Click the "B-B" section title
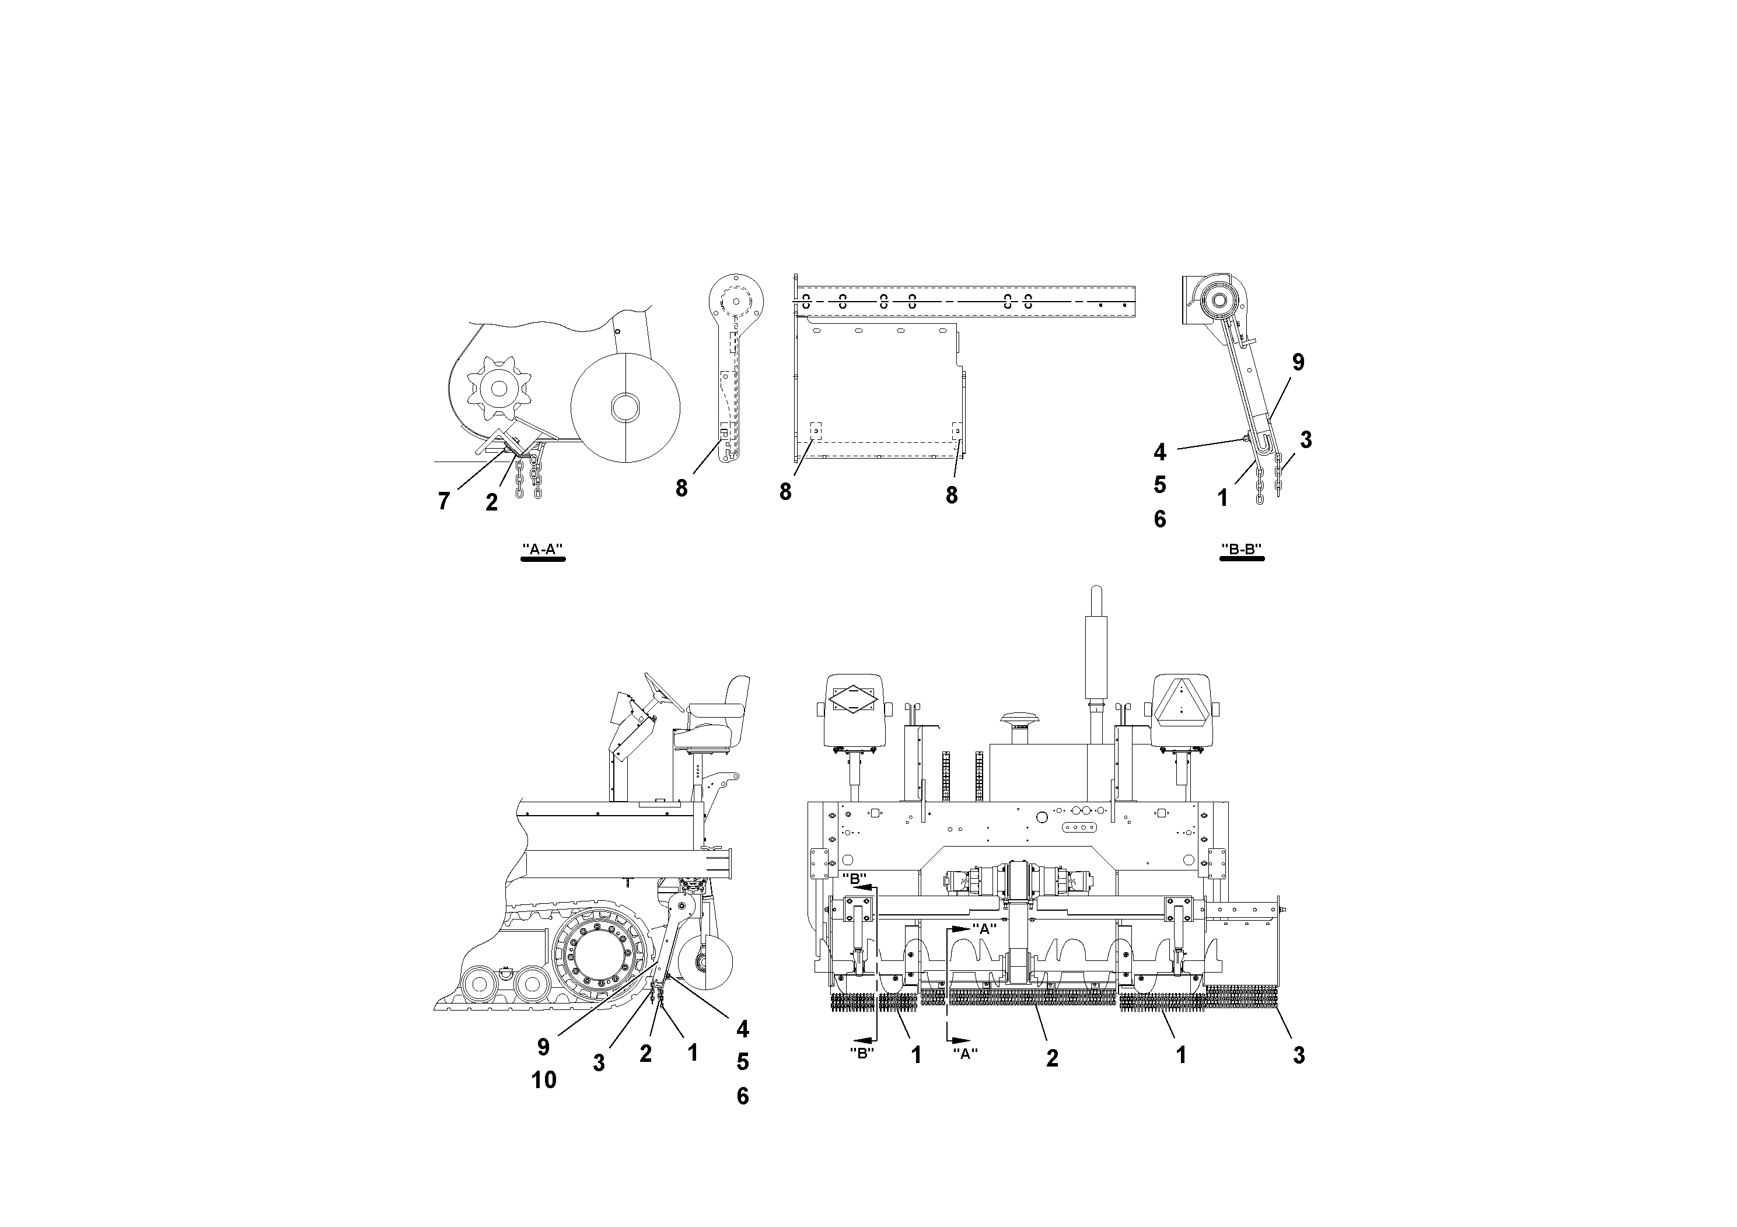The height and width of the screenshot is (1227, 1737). (1242, 550)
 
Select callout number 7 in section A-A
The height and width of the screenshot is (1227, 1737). (444, 501)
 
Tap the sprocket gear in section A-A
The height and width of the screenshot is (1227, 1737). (498, 388)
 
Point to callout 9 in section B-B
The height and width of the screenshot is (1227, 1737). (1298, 362)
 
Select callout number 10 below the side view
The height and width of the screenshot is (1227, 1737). (543, 1079)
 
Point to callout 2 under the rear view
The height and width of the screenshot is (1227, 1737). (1051, 1058)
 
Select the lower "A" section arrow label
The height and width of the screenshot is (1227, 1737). (964, 1053)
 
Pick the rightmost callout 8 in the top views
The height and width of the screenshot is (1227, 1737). (951, 495)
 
